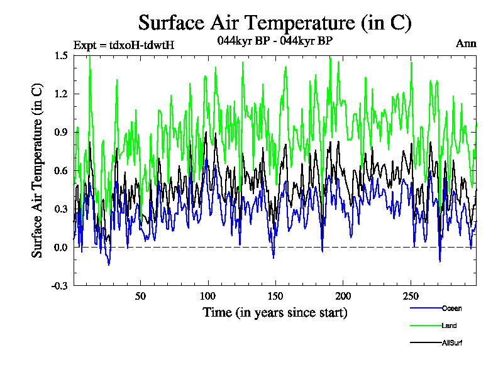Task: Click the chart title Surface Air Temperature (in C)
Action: coord(275,23)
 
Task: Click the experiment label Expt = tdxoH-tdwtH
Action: coord(124,45)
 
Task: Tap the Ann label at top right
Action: coord(466,44)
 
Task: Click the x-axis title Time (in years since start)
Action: coord(275,312)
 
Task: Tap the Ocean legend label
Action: coord(451,309)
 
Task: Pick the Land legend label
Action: coord(449,325)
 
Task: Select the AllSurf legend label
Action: coord(452,342)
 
